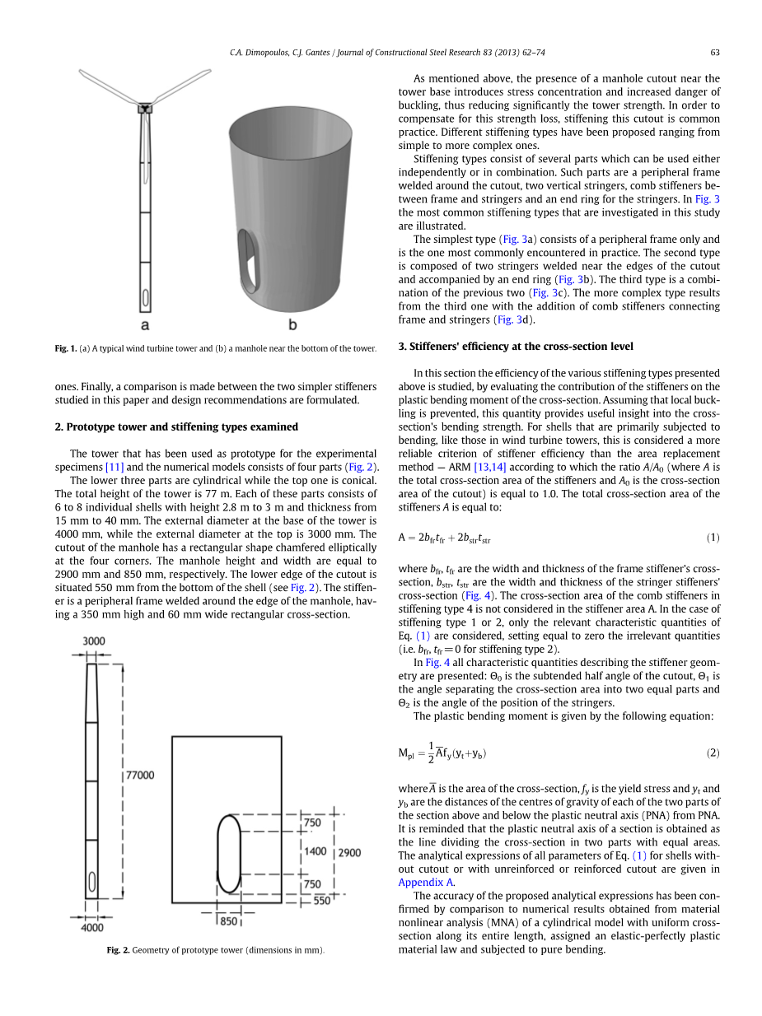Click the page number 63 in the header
pos(715,53)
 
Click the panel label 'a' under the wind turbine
pos(145,325)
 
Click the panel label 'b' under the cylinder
pos(292,325)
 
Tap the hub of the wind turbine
pos(145,107)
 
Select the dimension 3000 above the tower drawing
pos(93,641)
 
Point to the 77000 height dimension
pos(139,775)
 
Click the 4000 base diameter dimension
pos(92,928)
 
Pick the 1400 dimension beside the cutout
pos(316,851)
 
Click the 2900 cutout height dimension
pos(348,852)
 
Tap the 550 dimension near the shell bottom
pos(321,901)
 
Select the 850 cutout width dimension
pos(229,921)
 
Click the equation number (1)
pos(713,538)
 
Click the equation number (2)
pos(713,753)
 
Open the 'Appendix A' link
pos(426,882)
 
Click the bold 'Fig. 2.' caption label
pos(118,950)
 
